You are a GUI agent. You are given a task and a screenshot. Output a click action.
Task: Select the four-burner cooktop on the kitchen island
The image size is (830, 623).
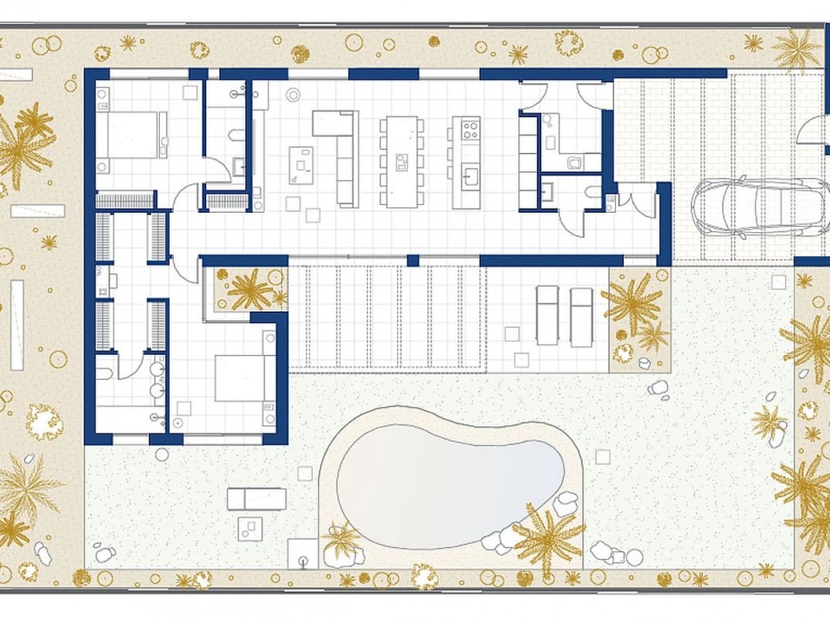pos(469,130)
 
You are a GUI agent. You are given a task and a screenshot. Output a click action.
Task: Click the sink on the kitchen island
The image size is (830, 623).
pos(469,175)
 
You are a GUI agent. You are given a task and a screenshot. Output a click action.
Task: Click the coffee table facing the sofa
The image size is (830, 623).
pos(301,165)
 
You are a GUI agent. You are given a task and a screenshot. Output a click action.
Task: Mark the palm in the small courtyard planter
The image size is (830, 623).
pos(249,289)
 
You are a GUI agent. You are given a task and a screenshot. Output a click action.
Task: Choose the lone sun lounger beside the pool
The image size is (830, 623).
pos(257,499)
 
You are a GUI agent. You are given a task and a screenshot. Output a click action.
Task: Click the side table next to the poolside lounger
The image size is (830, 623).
pos(251,528)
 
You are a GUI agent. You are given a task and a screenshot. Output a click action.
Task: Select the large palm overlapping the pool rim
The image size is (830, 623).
pos(549,536)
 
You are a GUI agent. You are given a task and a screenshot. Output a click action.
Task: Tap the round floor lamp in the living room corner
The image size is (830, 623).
pos(294,95)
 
